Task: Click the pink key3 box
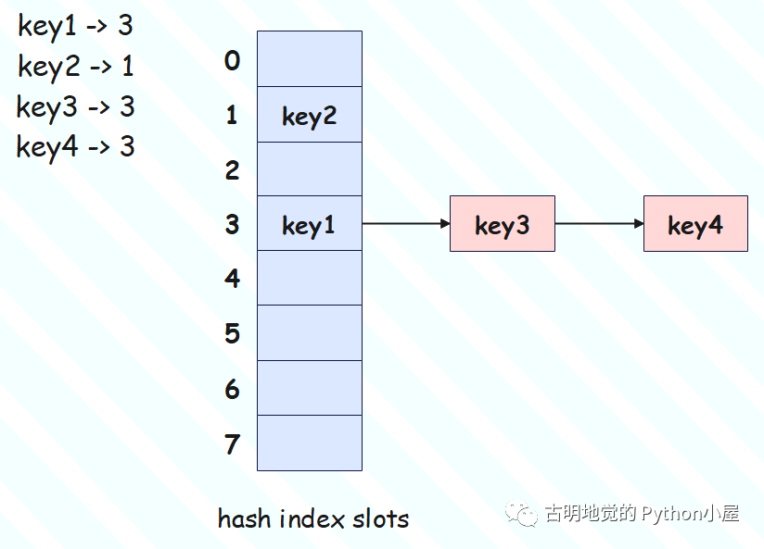[x=502, y=224]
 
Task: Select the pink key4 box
[x=695, y=224]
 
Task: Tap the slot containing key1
[x=309, y=224]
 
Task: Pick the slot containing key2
[x=309, y=115]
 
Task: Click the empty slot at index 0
[x=309, y=59]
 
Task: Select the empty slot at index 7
[x=309, y=443]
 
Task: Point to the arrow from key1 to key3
[x=405, y=224]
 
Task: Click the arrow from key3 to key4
[x=599, y=224]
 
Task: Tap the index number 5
[x=232, y=333]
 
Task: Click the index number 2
[x=232, y=169]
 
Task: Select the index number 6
[x=232, y=389]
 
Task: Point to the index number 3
[x=232, y=224]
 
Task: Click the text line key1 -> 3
[x=75, y=26]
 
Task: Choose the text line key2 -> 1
[x=75, y=67]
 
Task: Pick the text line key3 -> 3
[x=75, y=107]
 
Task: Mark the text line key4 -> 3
[x=75, y=147]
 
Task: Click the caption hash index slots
[x=312, y=518]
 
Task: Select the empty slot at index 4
[x=309, y=278]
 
